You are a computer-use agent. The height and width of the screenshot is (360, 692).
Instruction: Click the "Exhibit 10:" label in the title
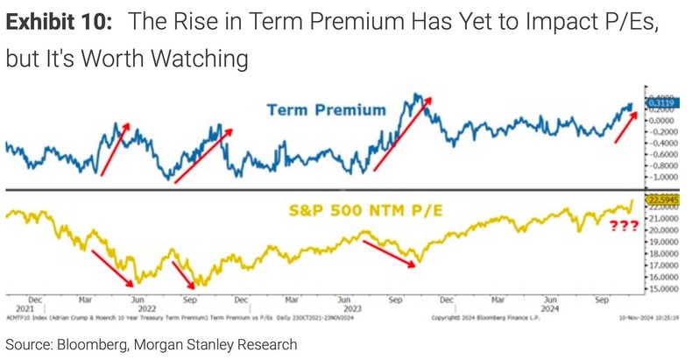pyautogui.click(x=58, y=24)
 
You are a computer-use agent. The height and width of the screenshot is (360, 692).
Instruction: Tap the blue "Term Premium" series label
pyautogui.click(x=314, y=109)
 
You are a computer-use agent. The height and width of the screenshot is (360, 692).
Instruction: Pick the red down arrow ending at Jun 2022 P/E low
pyautogui.click(x=112, y=265)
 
